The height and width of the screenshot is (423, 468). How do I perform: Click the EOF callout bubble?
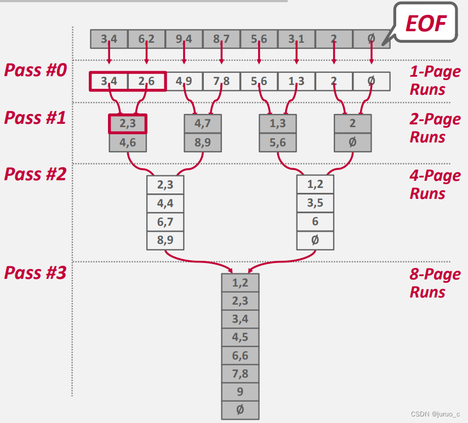426,22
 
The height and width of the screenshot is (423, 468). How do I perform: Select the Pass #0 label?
35,70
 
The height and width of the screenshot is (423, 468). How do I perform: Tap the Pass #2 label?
35,174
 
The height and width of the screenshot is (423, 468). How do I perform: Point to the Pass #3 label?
35,272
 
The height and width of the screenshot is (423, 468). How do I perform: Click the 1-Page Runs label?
435,80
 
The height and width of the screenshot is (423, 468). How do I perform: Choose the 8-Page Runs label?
435,283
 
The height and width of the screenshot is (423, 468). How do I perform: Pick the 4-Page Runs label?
435,185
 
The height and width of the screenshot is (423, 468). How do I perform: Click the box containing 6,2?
146,39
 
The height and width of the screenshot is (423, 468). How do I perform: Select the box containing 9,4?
184,39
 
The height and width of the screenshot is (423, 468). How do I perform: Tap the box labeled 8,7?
221,39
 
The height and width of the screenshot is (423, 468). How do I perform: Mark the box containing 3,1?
296,39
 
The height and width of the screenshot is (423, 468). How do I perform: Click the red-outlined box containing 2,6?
146,82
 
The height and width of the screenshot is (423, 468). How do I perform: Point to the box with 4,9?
184,82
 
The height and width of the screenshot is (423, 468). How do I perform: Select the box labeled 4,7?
203,123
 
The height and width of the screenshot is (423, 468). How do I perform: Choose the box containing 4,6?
128,142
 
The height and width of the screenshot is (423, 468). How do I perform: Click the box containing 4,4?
165,203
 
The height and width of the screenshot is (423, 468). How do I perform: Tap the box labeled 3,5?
315,203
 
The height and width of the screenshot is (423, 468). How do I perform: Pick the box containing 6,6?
240,356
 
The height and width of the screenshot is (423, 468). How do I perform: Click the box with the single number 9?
240,392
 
